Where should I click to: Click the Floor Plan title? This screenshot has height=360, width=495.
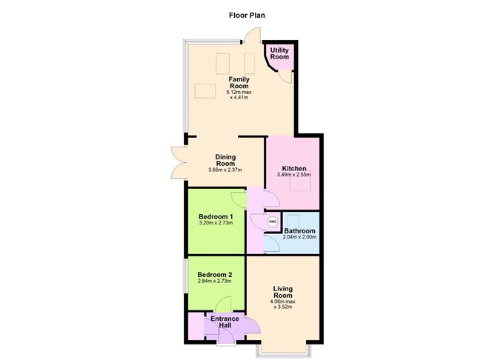pyautogui.click(x=247, y=14)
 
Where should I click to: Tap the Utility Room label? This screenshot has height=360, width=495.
pyautogui.click(x=279, y=53)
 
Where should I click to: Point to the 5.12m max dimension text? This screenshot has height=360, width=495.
pyautogui.click(x=239, y=92)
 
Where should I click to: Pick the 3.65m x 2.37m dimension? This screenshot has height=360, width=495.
pyautogui.click(x=225, y=170)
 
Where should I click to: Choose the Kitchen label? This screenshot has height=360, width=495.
pyautogui.click(x=293, y=167)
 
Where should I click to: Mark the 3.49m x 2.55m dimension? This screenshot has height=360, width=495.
pyautogui.click(x=293, y=175)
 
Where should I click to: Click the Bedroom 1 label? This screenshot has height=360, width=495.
pyautogui.click(x=216, y=216)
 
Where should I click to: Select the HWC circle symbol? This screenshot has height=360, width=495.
pyautogui.click(x=272, y=221)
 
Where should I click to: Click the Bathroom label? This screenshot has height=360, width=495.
pyautogui.click(x=300, y=231)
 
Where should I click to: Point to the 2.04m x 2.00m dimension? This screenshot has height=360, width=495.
pyautogui.click(x=300, y=238)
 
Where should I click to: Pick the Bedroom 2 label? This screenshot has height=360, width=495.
pyautogui.click(x=216, y=274)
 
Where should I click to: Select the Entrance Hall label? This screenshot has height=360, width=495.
pyautogui.click(x=225, y=322)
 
